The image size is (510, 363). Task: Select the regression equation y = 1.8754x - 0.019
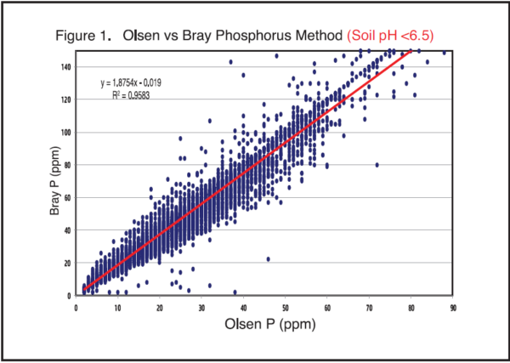point(137,83)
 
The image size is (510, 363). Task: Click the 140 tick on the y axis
point(66,66)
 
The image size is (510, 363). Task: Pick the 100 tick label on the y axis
point(66,132)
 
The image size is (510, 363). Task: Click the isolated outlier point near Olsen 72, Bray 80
point(377,165)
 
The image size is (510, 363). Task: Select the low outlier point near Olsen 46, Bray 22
point(269,259)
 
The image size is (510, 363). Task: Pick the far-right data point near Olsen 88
point(445,52)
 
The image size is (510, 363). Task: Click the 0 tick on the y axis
point(71,295)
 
